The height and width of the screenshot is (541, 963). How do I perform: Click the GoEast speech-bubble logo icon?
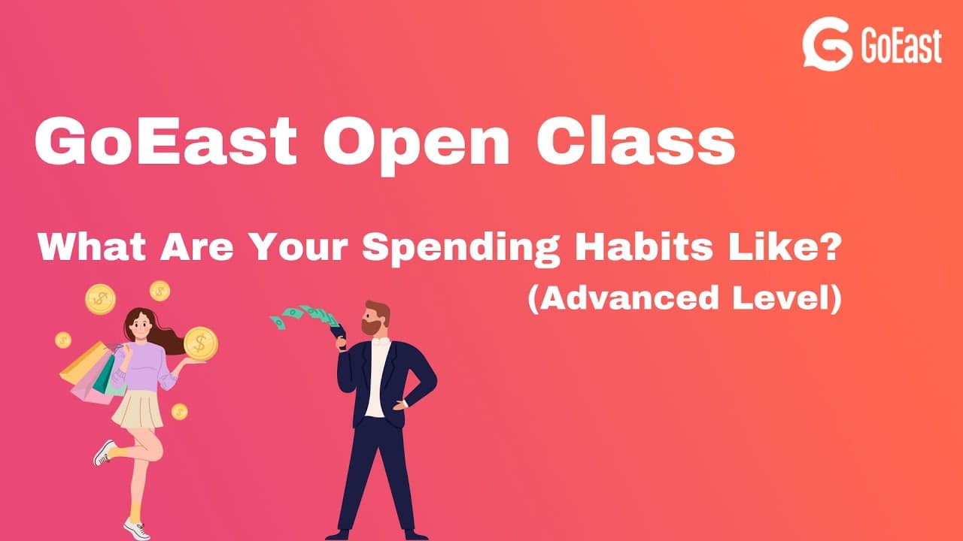click(x=827, y=44)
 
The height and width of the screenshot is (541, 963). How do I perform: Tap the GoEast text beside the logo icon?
click(x=901, y=46)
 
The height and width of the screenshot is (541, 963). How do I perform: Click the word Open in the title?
click(x=416, y=144)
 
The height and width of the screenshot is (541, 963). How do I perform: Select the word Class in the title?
click(x=636, y=140)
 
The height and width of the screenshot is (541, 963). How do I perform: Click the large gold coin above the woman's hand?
click(x=201, y=343)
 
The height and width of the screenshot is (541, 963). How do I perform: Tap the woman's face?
click(x=141, y=325)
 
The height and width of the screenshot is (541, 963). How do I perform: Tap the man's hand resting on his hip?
click(x=399, y=404)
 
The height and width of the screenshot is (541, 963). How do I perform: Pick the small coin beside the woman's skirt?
click(x=179, y=411)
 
